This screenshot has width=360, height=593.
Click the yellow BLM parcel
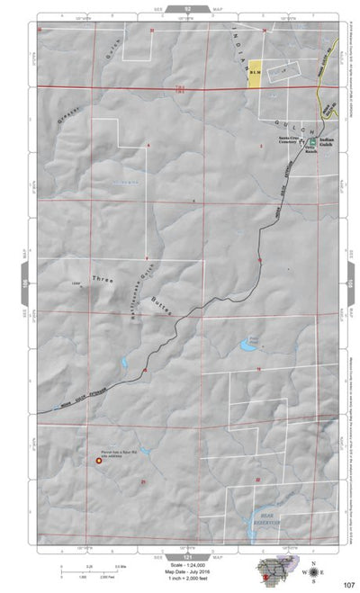click(255, 71)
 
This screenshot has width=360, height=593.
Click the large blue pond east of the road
click(248, 344)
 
